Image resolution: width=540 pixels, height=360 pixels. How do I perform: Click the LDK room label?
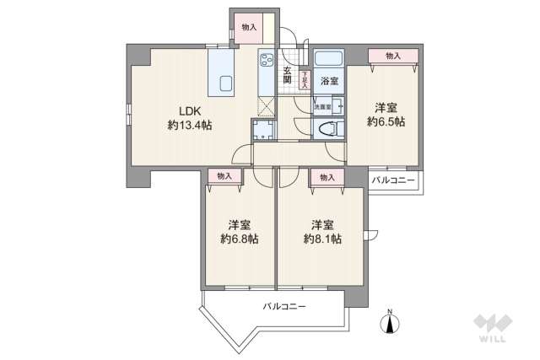tap(188, 110)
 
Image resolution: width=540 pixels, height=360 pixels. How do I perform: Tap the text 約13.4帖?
tap(189, 125)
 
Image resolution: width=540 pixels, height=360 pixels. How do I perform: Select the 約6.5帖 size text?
tap(386, 122)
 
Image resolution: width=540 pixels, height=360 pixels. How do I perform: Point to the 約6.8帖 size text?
tap(239, 239)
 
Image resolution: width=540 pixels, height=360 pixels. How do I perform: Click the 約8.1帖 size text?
tap(322, 239)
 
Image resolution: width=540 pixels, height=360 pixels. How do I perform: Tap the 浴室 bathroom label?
tap(329, 82)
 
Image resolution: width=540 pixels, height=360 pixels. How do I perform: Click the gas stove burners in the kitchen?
tap(267, 61)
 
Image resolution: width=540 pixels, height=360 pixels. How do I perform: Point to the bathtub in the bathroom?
tap(327, 61)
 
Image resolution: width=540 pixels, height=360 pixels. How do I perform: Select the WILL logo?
tap(492, 327)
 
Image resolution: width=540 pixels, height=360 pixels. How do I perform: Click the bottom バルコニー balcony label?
tap(283, 306)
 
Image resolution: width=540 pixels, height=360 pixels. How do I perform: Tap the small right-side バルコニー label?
tap(393, 180)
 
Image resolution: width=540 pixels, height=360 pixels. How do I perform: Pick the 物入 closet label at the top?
tap(248, 28)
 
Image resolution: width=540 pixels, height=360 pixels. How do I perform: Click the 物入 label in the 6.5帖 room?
tap(393, 56)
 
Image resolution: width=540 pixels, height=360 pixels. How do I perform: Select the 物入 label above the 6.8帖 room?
tap(224, 176)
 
